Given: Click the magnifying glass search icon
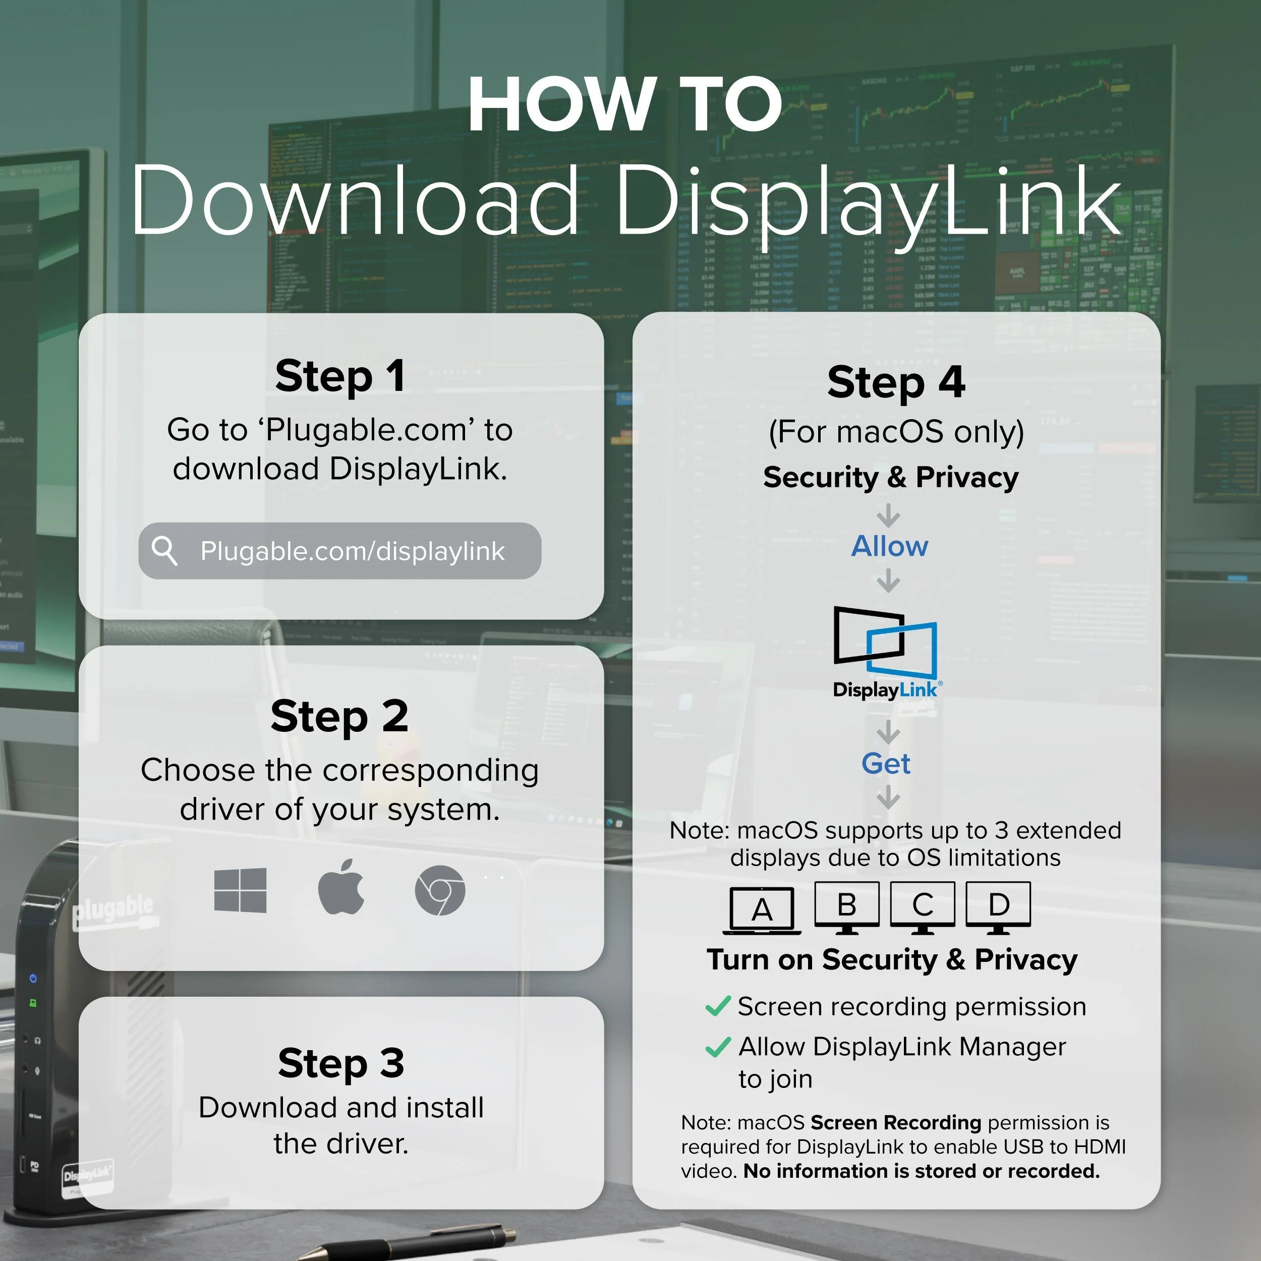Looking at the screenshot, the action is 164,551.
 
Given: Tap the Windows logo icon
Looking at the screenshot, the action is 240,890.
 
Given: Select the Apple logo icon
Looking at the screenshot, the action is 340,886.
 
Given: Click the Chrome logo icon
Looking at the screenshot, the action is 440,890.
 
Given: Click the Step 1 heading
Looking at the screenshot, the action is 340,377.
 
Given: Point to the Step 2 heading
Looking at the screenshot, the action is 339,717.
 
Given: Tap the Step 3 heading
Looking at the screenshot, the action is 340,1063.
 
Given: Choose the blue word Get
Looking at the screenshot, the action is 886,764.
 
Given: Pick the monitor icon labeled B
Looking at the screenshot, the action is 846,907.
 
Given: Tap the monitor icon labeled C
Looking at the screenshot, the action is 922,907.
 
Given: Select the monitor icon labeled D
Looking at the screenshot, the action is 998,907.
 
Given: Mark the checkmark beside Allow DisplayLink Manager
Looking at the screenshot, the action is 718,1047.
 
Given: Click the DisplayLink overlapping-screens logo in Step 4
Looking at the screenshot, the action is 886,643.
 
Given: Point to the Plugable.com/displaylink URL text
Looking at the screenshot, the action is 353,551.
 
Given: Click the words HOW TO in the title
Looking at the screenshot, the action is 625,104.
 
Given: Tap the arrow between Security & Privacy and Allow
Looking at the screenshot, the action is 888,515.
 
